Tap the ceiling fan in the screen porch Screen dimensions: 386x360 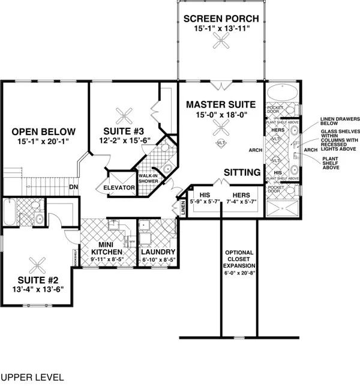tap(221, 41)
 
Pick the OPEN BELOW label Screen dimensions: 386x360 tap(44, 131)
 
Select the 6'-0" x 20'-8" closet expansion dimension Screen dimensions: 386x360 tap(239, 273)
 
